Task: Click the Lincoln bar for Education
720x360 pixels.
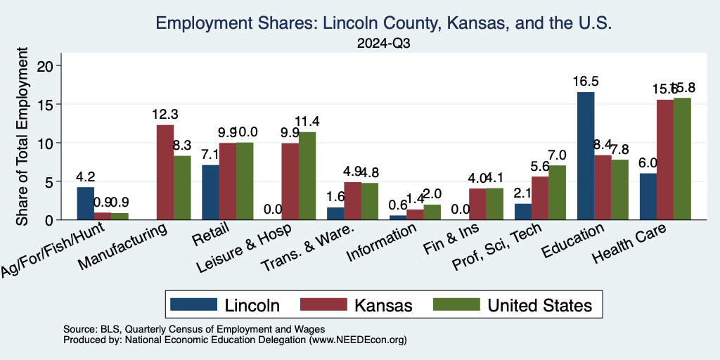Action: pos(586,156)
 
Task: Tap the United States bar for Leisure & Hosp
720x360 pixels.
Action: pos(307,176)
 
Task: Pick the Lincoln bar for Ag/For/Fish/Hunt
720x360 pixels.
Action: pos(86,203)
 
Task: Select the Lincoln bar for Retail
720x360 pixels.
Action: pos(210,192)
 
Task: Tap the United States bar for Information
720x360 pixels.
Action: pos(432,212)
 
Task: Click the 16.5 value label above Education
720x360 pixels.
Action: pos(586,81)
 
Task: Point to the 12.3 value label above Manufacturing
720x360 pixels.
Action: pos(165,114)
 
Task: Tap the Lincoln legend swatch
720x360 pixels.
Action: pos(193,304)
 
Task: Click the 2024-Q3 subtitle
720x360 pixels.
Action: pos(383,43)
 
